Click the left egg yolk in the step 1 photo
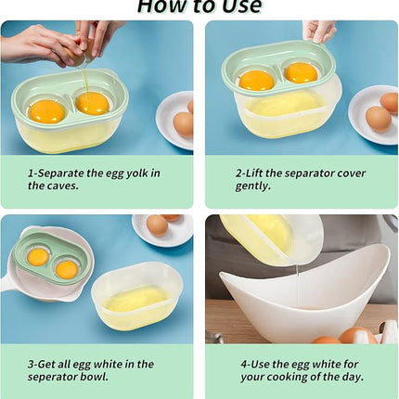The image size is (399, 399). tap(46, 111)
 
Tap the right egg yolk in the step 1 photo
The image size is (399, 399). tap(92, 102)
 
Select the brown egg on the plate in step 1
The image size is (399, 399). tap(184, 123)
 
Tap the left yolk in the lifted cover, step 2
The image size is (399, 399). tap(256, 80)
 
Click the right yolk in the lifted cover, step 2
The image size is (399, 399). tap(300, 72)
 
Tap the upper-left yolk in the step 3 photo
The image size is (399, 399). tap(38, 256)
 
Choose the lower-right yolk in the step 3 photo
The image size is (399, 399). tap(67, 269)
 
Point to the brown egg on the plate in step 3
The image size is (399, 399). tap(158, 225)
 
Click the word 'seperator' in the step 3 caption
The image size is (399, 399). tap(58, 377)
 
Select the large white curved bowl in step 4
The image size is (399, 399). tap(306, 297)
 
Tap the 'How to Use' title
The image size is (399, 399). tap(199, 7)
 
